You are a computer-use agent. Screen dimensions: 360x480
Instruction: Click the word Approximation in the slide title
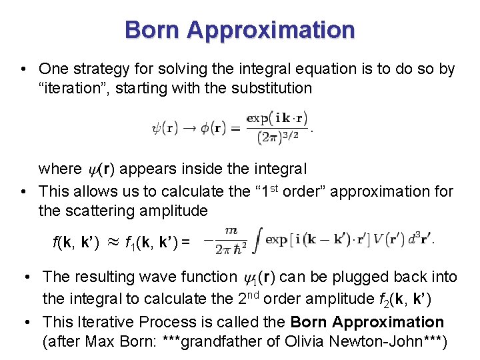[x=271, y=30]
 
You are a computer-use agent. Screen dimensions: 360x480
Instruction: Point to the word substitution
[x=271, y=88]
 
